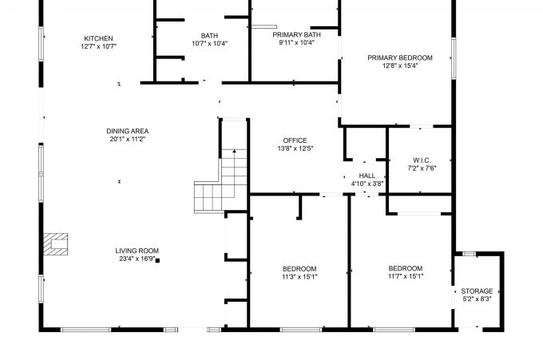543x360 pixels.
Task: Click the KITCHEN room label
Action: [x=99, y=38]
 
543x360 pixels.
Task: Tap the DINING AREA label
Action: [x=128, y=131]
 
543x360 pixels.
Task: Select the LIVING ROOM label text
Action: [x=137, y=251]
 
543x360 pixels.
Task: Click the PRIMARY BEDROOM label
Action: [x=400, y=57]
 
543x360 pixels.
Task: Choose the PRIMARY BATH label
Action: [x=297, y=35]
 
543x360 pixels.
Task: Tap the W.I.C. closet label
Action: [x=422, y=159]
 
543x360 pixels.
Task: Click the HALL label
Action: [x=367, y=176]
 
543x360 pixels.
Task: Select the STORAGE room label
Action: [x=477, y=291]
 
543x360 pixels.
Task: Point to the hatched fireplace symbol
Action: [x=56, y=243]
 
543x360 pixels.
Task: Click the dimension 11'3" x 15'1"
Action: [x=299, y=277]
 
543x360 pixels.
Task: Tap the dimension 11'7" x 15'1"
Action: [x=406, y=277]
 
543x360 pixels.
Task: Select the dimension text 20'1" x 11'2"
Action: [x=128, y=139]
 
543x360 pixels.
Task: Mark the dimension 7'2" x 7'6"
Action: [x=422, y=168]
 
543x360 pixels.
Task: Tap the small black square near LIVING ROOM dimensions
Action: [x=158, y=259]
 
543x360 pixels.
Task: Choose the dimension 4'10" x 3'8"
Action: [x=367, y=184]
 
